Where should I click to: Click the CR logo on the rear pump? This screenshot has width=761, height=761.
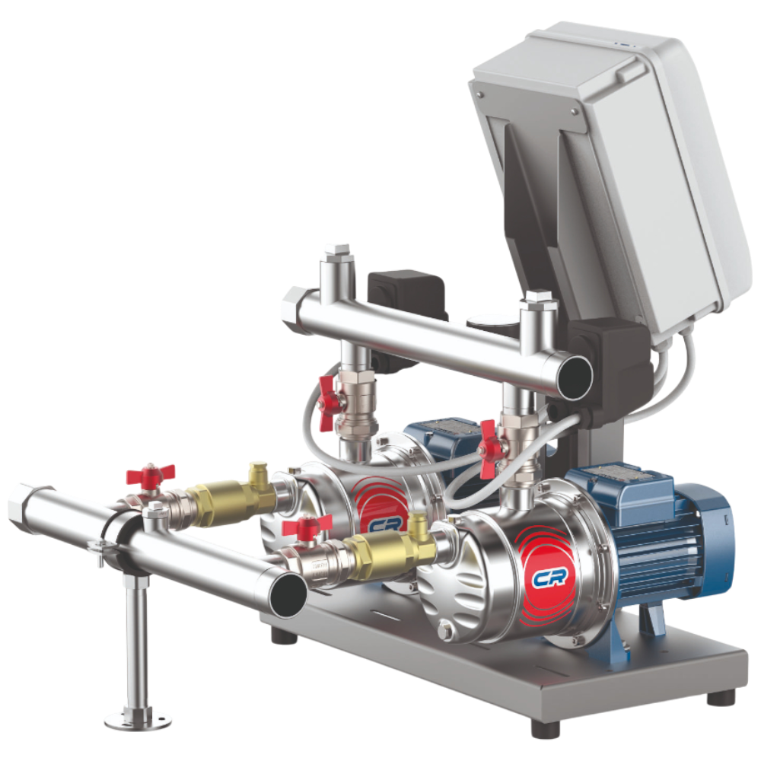(386, 524)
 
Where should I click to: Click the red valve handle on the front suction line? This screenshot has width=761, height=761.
(307, 527)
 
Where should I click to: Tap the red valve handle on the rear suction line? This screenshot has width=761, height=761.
(151, 475)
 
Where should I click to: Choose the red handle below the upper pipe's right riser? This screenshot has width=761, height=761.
(490, 448)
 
